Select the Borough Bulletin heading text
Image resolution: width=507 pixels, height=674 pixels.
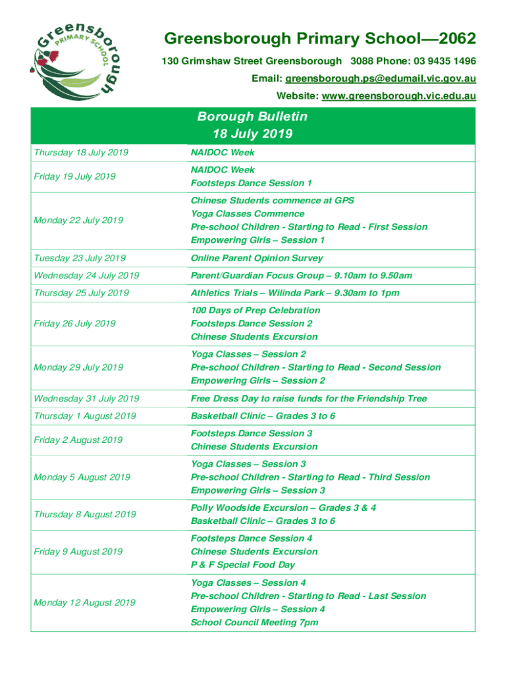click(252, 117)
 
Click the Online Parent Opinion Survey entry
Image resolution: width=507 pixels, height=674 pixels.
click(257, 258)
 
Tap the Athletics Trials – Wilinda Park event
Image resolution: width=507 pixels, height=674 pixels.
click(295, 293)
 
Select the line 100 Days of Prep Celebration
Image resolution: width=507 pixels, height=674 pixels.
click(255, 310)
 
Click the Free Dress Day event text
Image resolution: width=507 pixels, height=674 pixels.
click(309, 398)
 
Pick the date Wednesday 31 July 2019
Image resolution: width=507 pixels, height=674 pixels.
click(86, 398)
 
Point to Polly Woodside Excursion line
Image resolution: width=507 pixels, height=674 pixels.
click(283, 507)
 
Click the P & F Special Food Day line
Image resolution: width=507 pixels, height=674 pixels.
click(243, 565)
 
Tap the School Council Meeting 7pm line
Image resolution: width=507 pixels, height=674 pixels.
click(255, 622)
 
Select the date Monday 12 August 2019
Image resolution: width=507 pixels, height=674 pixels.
click(84, 602)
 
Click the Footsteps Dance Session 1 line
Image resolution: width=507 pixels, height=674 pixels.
click(252, 183)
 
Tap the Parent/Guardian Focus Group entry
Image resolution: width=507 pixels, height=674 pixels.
click(302, 276)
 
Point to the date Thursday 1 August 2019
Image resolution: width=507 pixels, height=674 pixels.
click(84, 416)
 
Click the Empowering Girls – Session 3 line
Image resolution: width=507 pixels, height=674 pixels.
click(258, 490)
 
